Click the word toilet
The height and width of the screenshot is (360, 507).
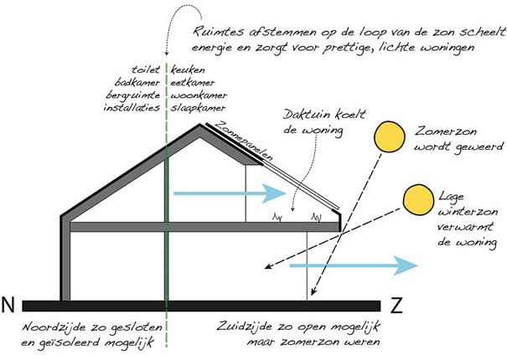[146, 69]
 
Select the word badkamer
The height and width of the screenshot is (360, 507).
[137, 82]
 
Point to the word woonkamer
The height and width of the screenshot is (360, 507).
[199, 95]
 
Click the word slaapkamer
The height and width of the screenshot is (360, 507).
[198, 108]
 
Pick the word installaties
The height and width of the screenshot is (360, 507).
[132, 107]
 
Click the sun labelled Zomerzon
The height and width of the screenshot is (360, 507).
[390, 136]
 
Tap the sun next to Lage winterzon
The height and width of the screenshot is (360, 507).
[418, 200]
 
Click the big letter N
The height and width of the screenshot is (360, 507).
[8, 305]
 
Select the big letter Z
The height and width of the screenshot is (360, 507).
[396, 306]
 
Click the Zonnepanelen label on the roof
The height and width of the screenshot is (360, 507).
[244, 141]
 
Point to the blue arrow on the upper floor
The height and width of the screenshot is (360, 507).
[230, 193]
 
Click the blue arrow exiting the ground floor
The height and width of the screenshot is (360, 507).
[354, 265]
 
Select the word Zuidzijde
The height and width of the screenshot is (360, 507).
[245, 326]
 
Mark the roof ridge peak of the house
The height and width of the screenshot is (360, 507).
[200, 125]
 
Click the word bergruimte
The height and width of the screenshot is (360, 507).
[133, 95]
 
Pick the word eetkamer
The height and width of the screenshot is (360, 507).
[193, 83]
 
